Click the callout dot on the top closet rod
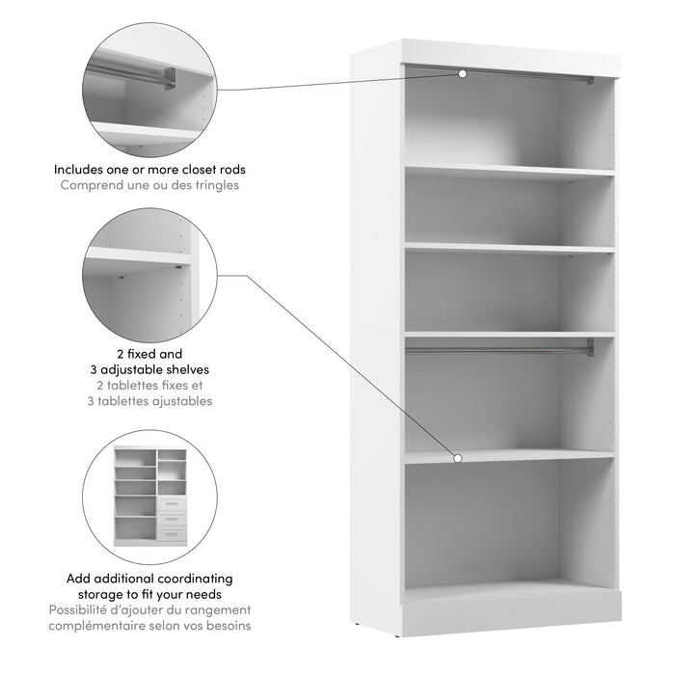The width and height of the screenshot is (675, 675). pyautogui.click(x=463, y=73)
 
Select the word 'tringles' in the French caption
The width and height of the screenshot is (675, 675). pyautogui.click(x=217, y=185)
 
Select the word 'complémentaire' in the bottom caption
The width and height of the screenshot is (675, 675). pyautogui.click(x=101, y=625)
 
